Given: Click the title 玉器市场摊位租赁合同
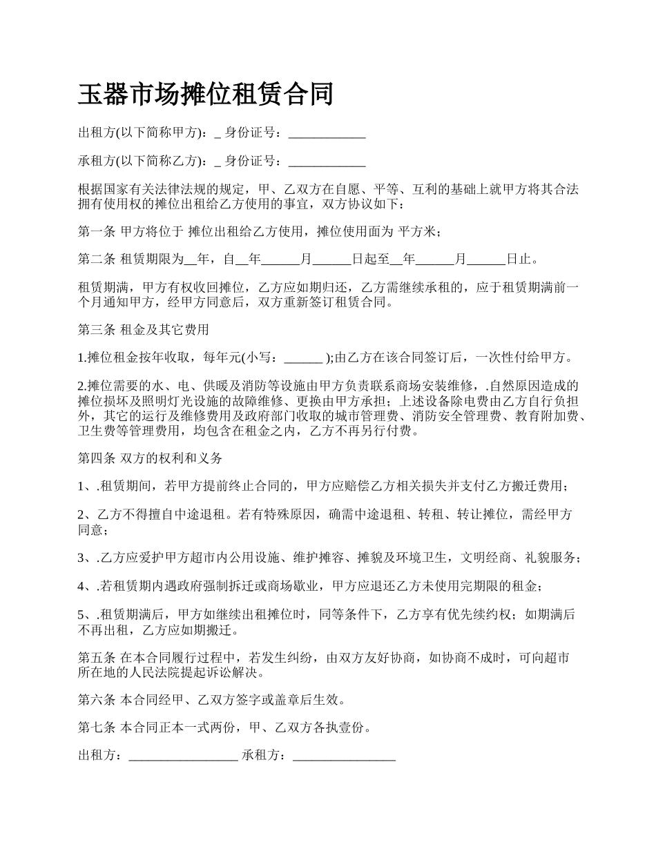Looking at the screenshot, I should [x=206, y=95].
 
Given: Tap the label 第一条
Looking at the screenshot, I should [x=97, y=232].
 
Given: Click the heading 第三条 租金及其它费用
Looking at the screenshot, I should [x=144, y=330].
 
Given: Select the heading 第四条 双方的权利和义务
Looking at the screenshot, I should [x=151, y=458].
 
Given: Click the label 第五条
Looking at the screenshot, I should [x=97, y=658].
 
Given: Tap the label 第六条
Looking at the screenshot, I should [x=97, y=700].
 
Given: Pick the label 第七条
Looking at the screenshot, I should [x=97, y=728].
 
